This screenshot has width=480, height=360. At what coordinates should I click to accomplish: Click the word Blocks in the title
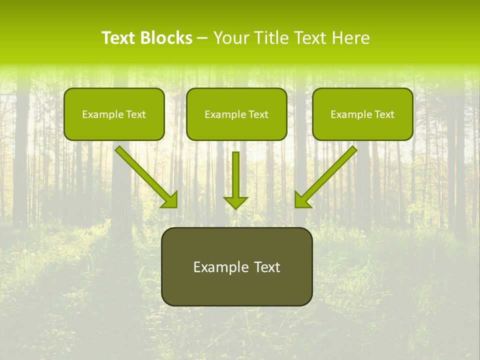pos(166,38)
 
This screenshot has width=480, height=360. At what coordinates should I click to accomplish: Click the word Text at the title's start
pos(118,38)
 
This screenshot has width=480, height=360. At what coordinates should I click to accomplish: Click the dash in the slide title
pos(202,38)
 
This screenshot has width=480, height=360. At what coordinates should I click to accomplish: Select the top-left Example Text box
pos(114,114)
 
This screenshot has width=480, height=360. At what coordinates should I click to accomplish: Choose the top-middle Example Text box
pos(236,114)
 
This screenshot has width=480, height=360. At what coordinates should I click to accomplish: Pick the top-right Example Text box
pos(362,114)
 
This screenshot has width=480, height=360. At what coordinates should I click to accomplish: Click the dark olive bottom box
pos(236,266)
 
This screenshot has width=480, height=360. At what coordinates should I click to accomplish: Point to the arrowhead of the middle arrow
pos(235,202)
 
